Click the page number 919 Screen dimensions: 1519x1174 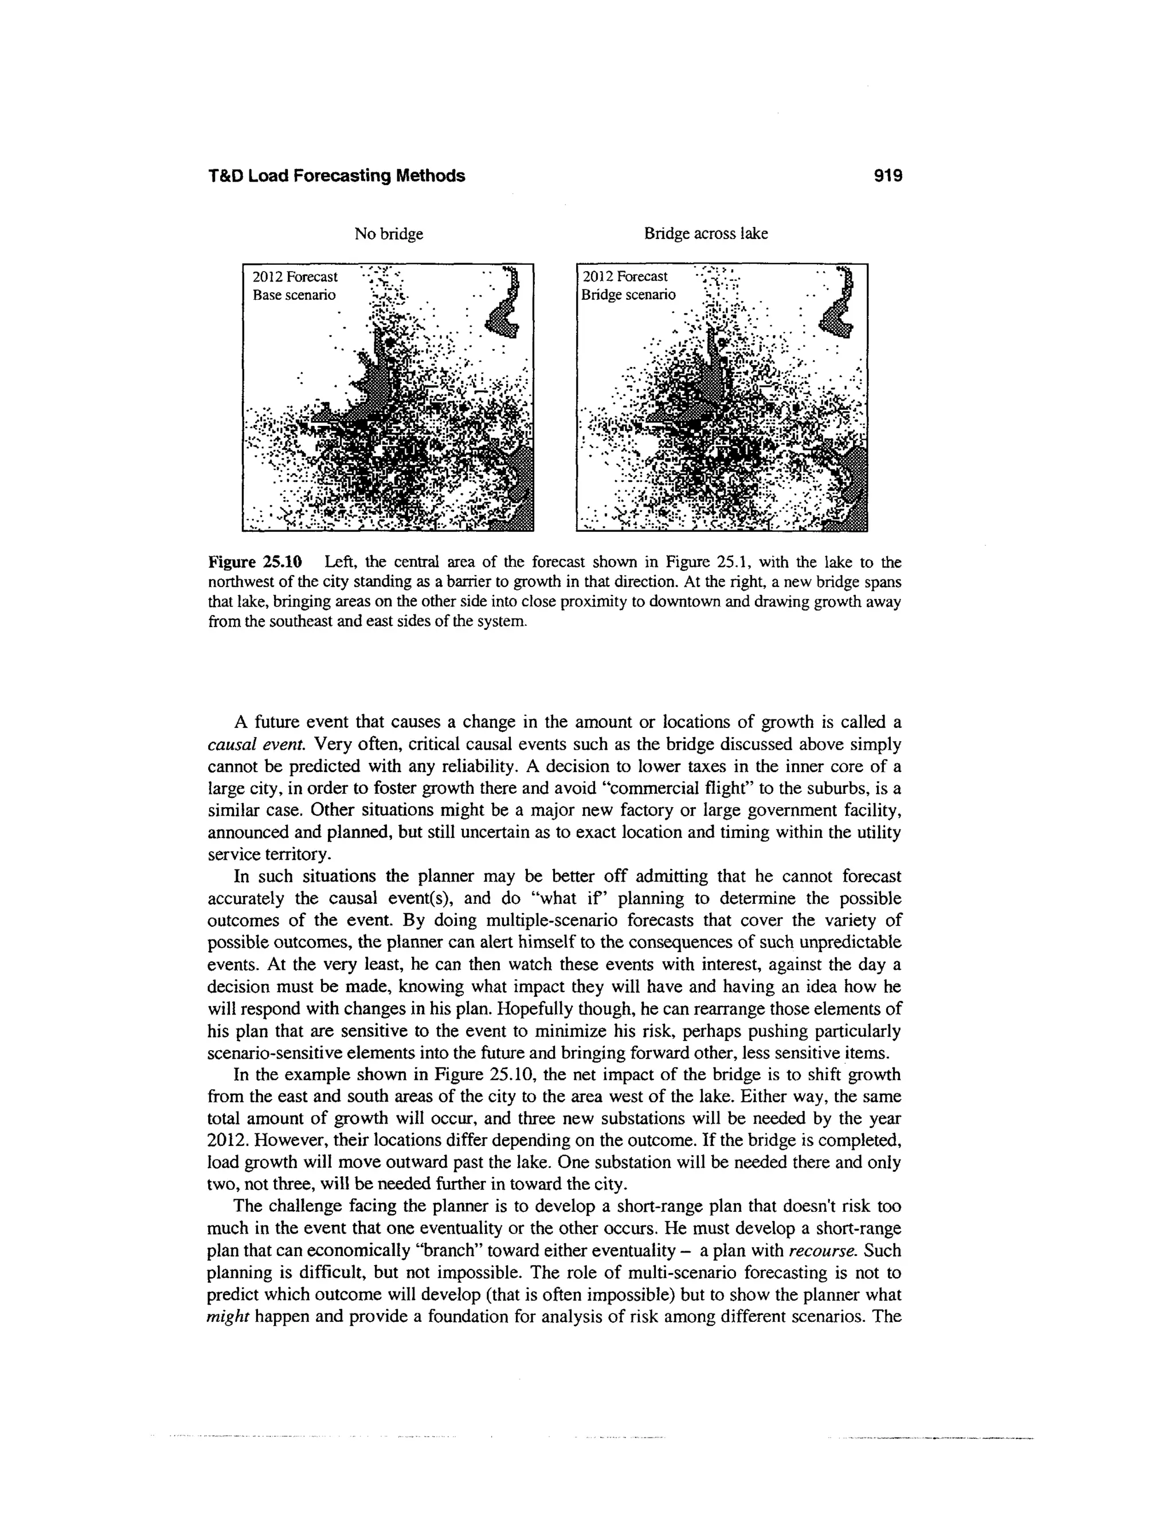887,176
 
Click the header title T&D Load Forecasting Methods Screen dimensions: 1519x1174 336,176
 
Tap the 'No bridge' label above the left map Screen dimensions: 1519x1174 389,234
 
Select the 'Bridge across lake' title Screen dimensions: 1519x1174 705,234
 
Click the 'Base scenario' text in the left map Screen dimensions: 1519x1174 293,295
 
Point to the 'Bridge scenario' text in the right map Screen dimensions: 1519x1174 629,295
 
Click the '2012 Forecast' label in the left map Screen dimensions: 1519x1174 295,277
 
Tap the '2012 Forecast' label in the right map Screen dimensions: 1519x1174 625,277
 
